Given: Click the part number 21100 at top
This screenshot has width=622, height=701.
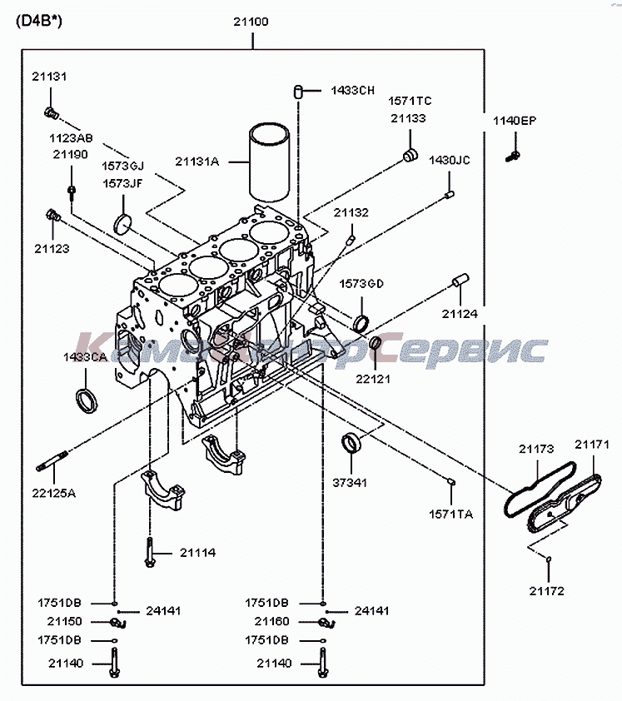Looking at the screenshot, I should pyautogui.click(x=251, y=22).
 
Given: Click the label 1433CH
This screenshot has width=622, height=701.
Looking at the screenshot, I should pyautogui.click(x=352, y=90).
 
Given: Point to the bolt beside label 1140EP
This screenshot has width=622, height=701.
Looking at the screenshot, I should pyautogui.click(x=514, y=155).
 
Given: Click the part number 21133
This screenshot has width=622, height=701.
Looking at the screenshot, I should pyautogui.click(x=408, y=118).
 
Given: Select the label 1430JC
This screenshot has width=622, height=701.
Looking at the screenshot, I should pyautogui.click(x=450, y=160).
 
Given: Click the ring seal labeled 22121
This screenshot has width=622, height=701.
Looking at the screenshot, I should pyautogui.click(x=376, y=344).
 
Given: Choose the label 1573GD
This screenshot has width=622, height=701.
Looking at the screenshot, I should pyautogui.click(x=361, y=284).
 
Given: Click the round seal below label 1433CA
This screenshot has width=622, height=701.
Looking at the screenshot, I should pyautogui.click(x=87, y=400).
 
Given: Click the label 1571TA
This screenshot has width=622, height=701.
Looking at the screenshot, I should pyautogui.click(x=450, y=515).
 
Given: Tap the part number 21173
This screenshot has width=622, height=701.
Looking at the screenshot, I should pyautogui.click(x=536, y=450).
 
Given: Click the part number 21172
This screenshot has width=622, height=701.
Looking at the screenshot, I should pyautogui.click(x=546, y=591).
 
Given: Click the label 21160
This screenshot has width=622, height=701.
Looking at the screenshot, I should pyautogui.click(x=272, y=621).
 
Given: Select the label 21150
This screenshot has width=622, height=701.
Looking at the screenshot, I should pyautogui.click(x=64, y=621).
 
